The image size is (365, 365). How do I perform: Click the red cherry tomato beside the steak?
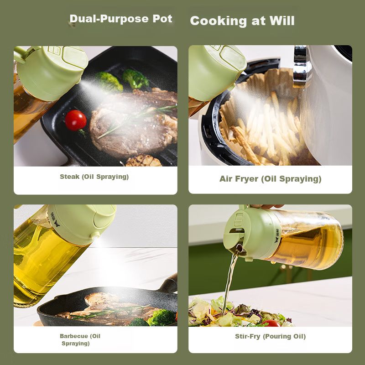76,120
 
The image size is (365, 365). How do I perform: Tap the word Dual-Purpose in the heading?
109,19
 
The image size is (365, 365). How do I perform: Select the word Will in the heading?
282,21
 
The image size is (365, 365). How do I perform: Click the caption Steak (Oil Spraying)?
94,177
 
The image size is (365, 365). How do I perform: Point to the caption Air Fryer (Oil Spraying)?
270,179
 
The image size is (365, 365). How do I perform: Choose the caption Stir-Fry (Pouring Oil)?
270,336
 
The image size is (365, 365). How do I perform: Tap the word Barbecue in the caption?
74,336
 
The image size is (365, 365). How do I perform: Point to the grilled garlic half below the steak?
144,161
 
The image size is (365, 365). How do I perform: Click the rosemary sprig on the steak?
137,121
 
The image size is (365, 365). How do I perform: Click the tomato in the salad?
271,323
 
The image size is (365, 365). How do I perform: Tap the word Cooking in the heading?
218,21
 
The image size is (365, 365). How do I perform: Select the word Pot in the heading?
162,19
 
